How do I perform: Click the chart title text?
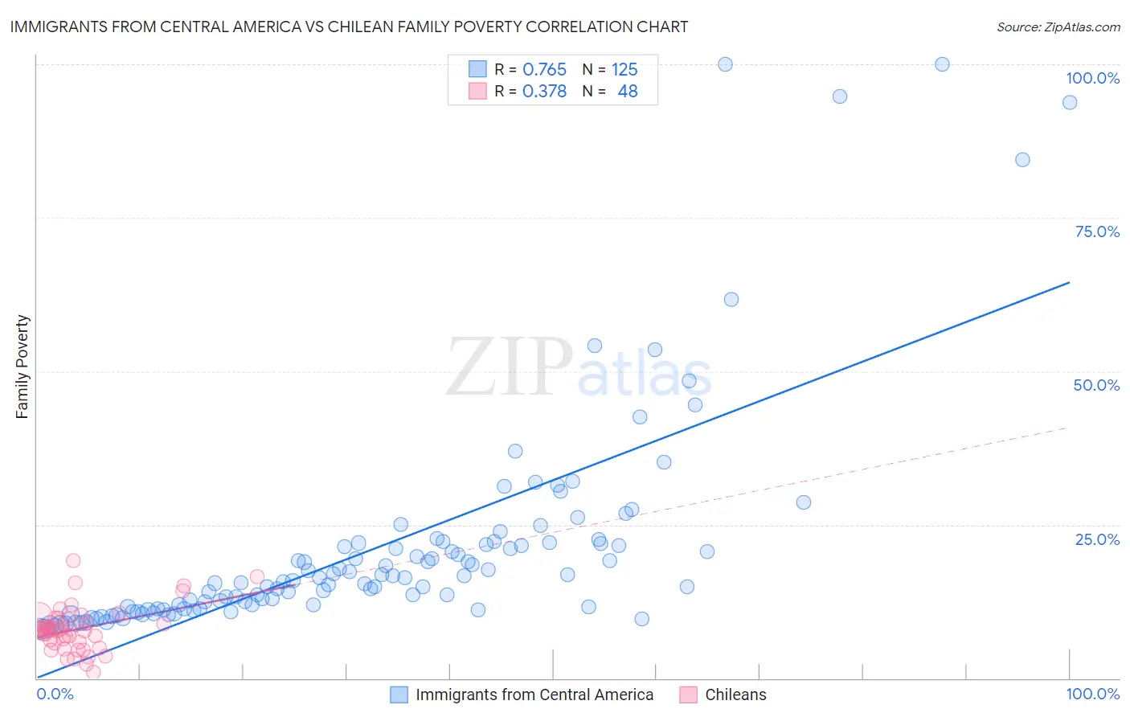(349, 27)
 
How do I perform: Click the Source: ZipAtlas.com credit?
(1058, 27)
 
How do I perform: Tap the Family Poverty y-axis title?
(23, 367)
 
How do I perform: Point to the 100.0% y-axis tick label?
(1092, 78)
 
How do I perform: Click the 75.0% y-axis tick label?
(1097, 231)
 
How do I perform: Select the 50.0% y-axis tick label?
(1096, 385)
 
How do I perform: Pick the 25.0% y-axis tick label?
(1097, 539)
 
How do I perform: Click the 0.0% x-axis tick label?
(55, 694)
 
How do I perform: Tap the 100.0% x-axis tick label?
(1092, 694)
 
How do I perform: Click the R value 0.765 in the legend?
(544, 69)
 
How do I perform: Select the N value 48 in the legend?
(627, 91)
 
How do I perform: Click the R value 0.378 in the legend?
(544, 91)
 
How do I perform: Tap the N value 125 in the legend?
(624, 69)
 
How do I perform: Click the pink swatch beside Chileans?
(688, 694)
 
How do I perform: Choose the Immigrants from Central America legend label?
(534, 694)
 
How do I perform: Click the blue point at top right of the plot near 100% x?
(1070, 102)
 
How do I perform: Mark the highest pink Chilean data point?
(73, 560)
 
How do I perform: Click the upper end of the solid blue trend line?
(1069, 282)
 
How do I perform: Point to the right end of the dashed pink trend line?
(1067, 428)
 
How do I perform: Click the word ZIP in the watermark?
(510, 367)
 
